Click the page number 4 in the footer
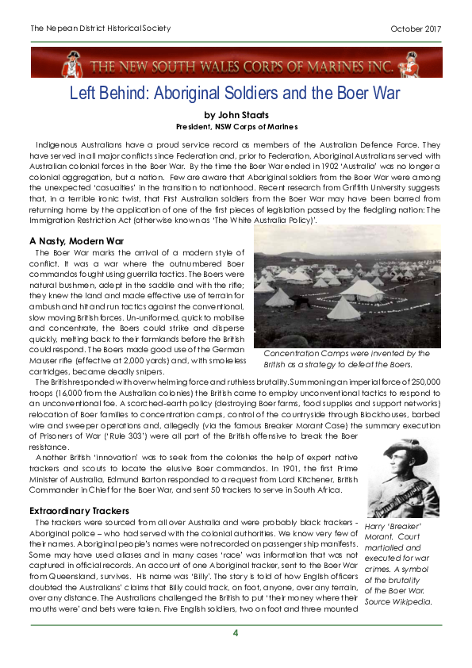tap(235, 632)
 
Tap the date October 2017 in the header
tap(416, 29)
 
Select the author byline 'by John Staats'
tap(236, 114)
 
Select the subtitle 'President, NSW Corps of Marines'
tap(236, 126)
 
